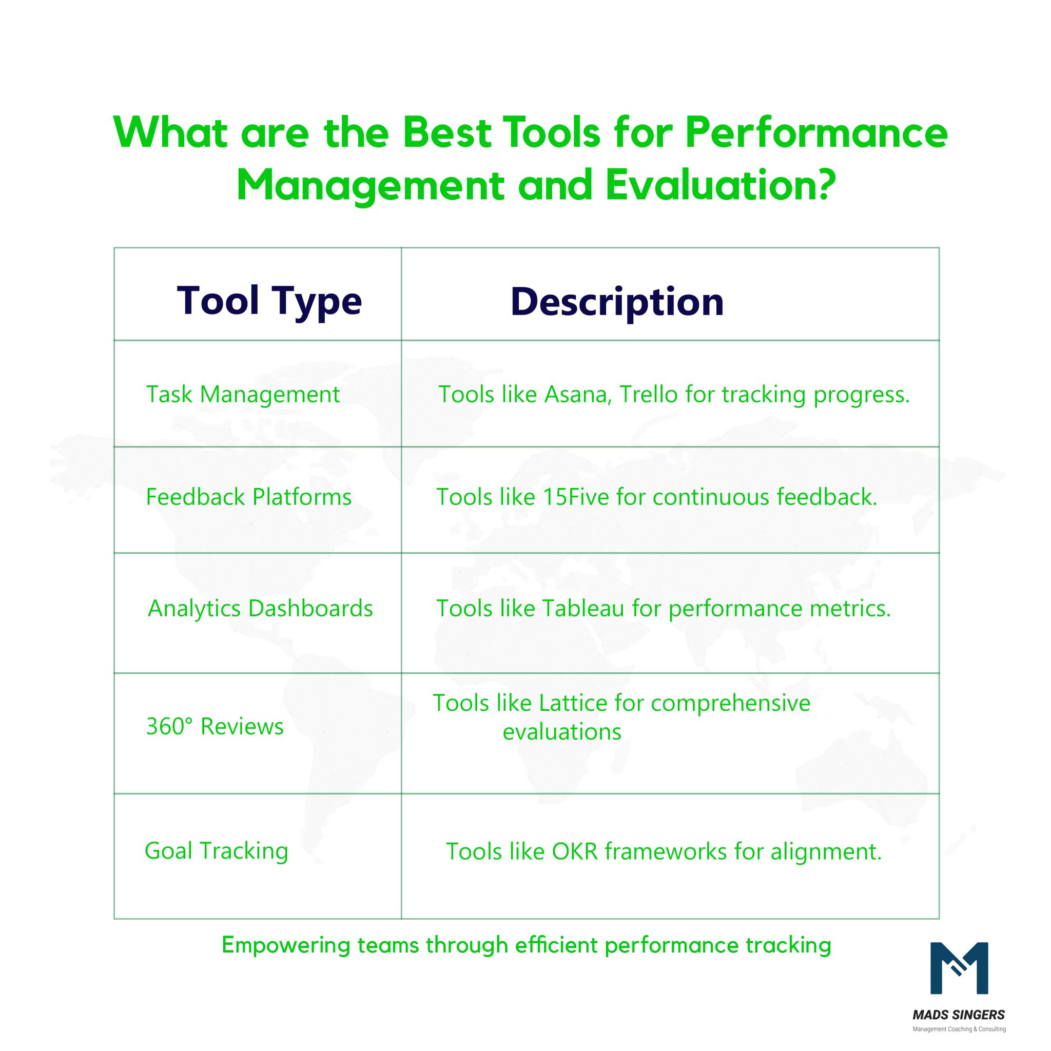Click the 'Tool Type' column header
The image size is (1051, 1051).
click(x=269, y=301)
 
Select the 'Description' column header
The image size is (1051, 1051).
click(x=617, y=302)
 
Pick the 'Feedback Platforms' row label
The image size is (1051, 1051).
click(x=248, y=497)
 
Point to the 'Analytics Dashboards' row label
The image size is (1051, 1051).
click(x=260, y=608)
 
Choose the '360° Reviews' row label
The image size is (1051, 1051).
click(x=215, y=726)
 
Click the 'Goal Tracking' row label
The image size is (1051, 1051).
click(x=216, y=851)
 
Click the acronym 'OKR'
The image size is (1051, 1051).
click(x=574, y=851)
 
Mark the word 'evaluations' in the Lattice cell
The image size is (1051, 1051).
click(x=561, y=732)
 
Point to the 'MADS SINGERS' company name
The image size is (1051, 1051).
click(x=959, y=1015)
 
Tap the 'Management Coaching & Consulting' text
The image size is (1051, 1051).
click(x=959, y=1029)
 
